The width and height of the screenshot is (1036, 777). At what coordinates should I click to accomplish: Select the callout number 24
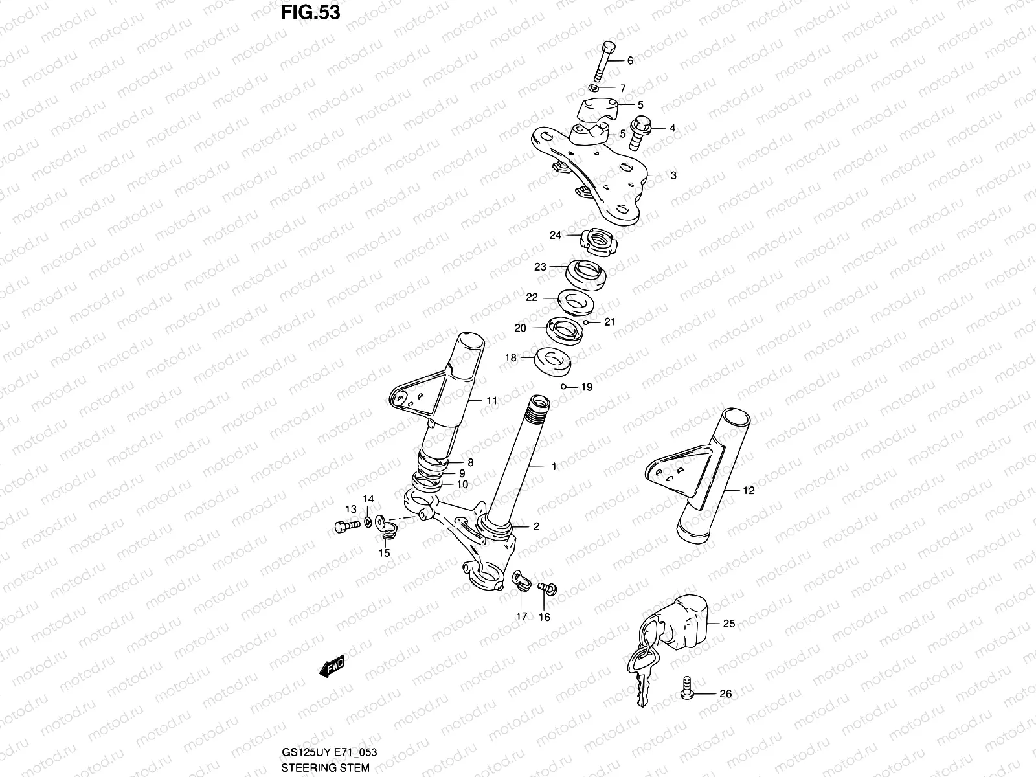[x=556, y=236]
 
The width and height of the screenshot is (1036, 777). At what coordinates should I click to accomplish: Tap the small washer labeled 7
[x=594, y=87]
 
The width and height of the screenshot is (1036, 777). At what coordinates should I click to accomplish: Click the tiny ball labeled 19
[x=565, y=387]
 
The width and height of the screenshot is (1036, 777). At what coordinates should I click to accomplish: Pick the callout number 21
[x=610, y=322]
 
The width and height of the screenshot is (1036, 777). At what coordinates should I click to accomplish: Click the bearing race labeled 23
[x=587, y=272]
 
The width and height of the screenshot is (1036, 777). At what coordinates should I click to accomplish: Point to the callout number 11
[x=492, y=401]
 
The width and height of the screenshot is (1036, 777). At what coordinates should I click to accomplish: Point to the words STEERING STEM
[x=325, y=769]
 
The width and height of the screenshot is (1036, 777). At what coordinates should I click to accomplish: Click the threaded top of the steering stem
[x=539, y=409]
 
